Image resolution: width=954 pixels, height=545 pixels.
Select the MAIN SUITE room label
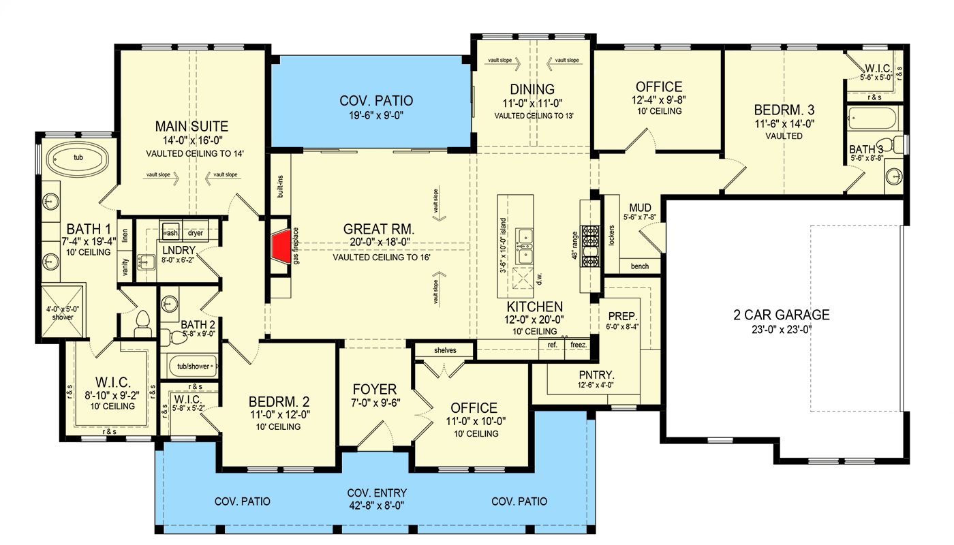coord(191,126)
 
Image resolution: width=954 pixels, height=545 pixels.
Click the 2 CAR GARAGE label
coord(781,315)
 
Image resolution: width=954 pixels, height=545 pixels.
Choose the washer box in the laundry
coord(170,232)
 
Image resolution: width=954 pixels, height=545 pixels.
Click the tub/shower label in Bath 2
coord(194,367)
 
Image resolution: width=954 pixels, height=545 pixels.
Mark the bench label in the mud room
coord(639,266)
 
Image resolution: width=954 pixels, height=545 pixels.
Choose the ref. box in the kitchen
coord(553,345)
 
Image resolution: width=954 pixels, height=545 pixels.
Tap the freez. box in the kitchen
coord(579,345)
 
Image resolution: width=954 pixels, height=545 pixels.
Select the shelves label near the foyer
coord(445,351)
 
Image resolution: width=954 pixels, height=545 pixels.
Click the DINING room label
coord(532,89)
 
